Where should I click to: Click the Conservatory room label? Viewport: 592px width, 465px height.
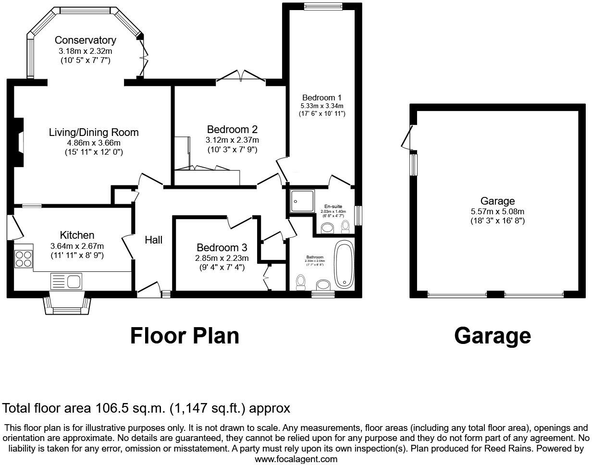[x=85, y=40]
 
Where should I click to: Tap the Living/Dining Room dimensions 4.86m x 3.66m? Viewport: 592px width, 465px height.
[x=94, y=143]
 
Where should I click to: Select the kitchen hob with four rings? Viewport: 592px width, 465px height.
[x=24, y=259]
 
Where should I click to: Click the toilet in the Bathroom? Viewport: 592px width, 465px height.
[x=301, y=282]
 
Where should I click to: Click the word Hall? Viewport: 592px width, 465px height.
[x=154, y=240]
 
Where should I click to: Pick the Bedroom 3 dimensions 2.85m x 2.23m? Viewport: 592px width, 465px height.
[x=222, y=258]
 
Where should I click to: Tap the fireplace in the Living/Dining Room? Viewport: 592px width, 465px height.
[x=19, y=142]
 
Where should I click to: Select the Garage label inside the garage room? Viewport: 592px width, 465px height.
[x=497, y=201]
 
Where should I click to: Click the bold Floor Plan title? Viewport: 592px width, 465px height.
[x=185, y=336]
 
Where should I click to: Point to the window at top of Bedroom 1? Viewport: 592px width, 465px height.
[x=323, y=6]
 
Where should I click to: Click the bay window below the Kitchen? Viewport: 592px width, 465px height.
[x=67, y=306]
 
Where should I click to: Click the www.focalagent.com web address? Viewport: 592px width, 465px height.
[x=296, y=459]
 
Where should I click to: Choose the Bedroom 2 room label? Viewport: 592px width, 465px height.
[x=232, y=129]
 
